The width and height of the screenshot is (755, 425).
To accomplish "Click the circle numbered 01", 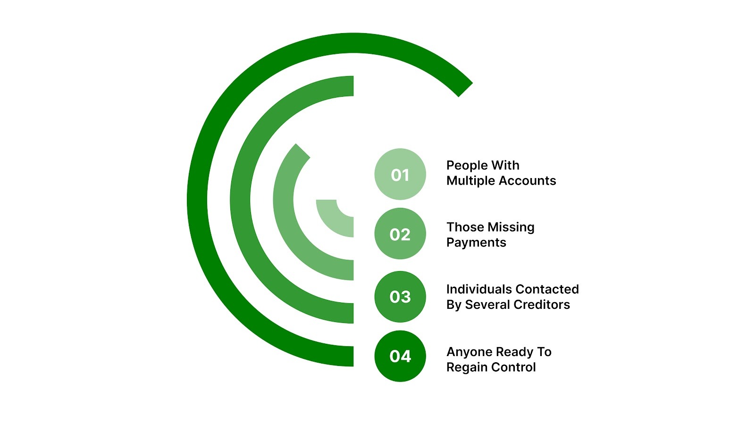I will tap(400, 174).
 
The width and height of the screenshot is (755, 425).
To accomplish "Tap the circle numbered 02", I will tap(400, 234).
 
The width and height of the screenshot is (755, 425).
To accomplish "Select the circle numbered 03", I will tap(400, 297).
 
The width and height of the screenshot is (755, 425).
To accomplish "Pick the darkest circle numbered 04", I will tap(400, 356).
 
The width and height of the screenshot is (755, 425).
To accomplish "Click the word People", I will tap(467, 166).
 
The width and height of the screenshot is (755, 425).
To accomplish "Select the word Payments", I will tap(476, 243).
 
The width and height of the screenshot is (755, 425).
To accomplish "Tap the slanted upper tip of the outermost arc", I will tap(464, 89).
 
